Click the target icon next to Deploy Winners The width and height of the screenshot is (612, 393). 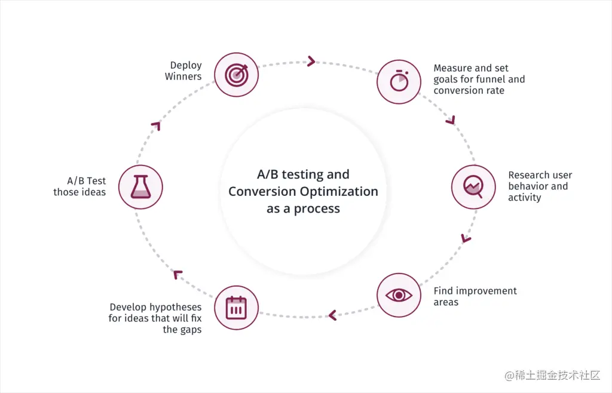click(x=236, y=74)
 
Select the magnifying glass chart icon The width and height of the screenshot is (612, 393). click(x=473, y=187)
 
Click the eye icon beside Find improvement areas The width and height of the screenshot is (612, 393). click(x=399, y=295)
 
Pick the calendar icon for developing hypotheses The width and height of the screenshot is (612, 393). click(x=236, y=308)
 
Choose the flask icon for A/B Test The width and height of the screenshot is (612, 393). click(x=140, y=187)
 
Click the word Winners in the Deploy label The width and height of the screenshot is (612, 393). click(x=183, y=76)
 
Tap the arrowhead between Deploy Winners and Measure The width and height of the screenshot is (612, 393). click(x=311, y=61)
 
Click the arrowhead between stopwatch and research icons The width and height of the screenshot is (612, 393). click(x=451, y=121)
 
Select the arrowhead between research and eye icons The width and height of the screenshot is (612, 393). click(x=465, y=238)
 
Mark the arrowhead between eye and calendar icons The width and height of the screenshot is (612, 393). click(x=332, y=314)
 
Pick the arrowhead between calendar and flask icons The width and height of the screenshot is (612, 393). click(x=177, y=274)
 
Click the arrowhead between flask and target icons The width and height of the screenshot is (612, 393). click(x=157, y=125)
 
